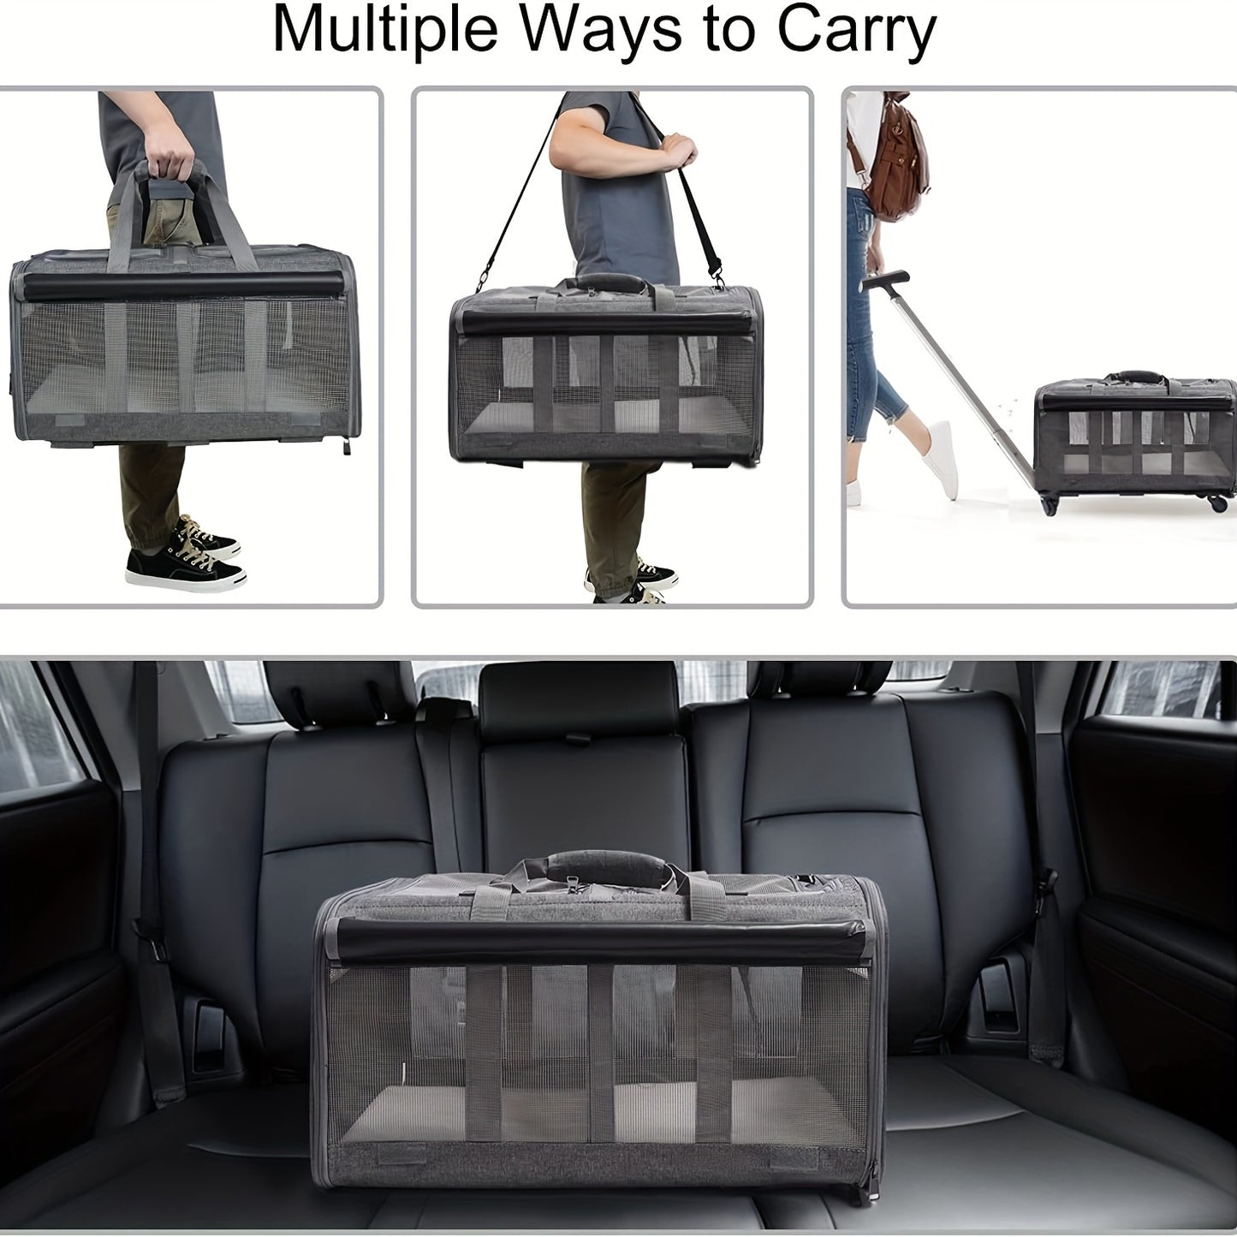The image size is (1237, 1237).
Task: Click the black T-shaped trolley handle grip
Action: pos(884,280)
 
